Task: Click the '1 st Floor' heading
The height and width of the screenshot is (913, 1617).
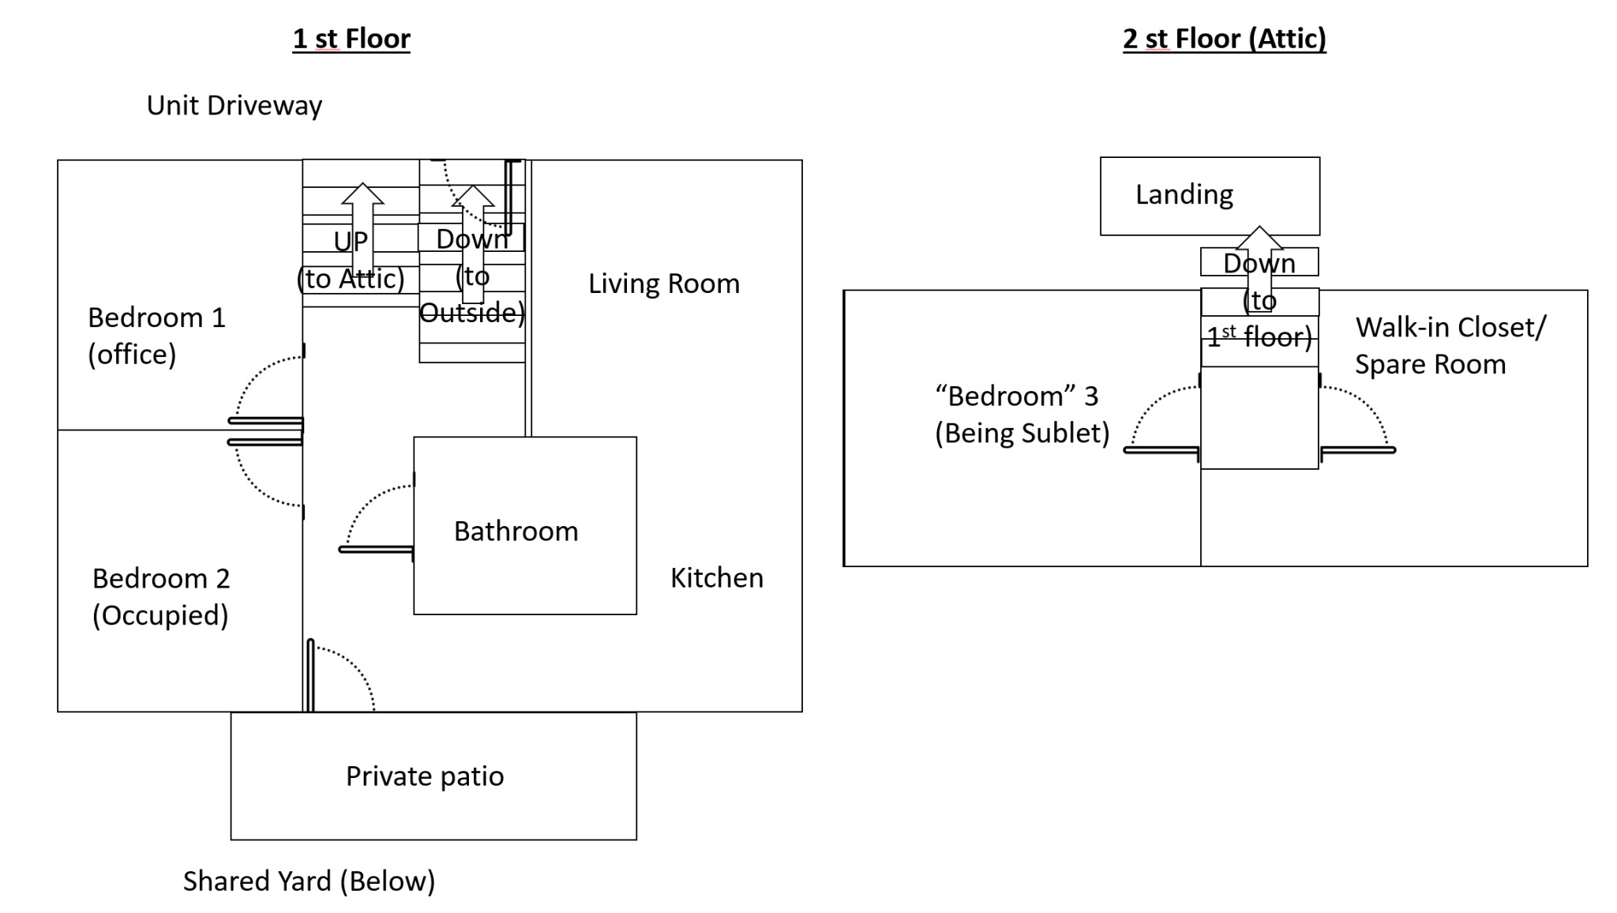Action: click(x=351, y=39)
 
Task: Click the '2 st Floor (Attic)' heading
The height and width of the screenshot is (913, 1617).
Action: click(x=1224, y=39)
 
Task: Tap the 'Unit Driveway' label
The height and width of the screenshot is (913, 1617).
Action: click(x=234, y=106)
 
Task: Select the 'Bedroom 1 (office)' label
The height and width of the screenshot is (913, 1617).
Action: click(x=156, y=336)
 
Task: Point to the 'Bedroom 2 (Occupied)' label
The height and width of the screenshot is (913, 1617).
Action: click(x=161, y=596)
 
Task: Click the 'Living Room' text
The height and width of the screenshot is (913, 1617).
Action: click(x=663, y=284)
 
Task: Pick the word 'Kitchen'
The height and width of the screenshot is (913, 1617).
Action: click(x=716, y=578)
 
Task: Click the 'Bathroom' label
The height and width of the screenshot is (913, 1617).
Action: click(x=516, y=532)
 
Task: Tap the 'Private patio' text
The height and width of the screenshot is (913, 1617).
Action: click(x=425, y=776)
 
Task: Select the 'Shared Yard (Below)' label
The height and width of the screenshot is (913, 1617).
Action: click(x=309, y=881)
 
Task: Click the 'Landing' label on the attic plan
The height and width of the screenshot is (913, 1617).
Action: click(x=1184, y=194)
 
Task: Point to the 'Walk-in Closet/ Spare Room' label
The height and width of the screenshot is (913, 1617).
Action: click(x=1450, y=346)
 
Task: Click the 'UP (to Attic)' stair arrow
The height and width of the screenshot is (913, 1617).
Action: click(x=362, y=229)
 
